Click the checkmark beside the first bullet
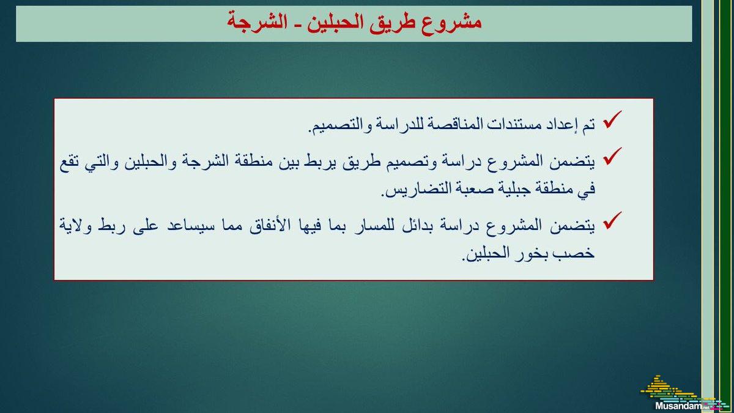pyautogui.click(x=612, y=119)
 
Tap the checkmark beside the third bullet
pyautogui.click(x=612, y=220)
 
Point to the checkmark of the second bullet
pyautogui.click(x=612, y=156)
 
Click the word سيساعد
pyautogui.click(x=191, y=226)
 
